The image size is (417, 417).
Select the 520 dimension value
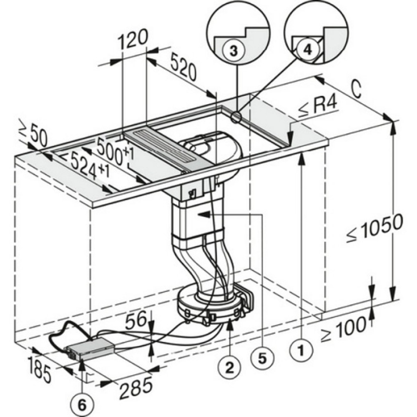[183, 68]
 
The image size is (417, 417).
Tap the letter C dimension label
[355, 89]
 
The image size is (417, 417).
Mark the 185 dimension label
[40, 369]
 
